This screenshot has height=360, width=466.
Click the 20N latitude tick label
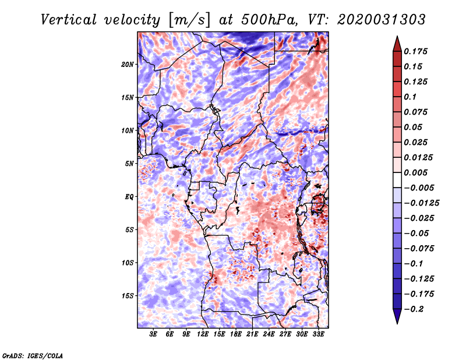128,65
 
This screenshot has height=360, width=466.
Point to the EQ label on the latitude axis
129,197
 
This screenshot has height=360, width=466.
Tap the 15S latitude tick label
128,296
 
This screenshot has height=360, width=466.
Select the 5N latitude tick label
129,164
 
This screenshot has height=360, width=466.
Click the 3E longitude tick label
153,334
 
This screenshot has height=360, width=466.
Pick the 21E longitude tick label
252,334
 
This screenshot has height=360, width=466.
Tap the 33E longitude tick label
318,334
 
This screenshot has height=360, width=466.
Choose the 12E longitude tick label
202,334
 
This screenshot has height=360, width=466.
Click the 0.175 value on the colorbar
415,51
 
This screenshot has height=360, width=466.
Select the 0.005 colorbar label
415,172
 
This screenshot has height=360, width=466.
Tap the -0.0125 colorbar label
421,203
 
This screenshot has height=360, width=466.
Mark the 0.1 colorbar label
410,97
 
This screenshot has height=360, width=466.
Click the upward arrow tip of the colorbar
397,36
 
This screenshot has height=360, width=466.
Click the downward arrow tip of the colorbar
397,324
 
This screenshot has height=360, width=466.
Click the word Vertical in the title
68,20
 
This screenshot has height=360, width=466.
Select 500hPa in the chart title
269,20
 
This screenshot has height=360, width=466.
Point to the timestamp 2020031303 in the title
382,20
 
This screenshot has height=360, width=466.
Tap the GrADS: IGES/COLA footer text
33,355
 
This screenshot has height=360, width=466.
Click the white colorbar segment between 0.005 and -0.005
397,180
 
